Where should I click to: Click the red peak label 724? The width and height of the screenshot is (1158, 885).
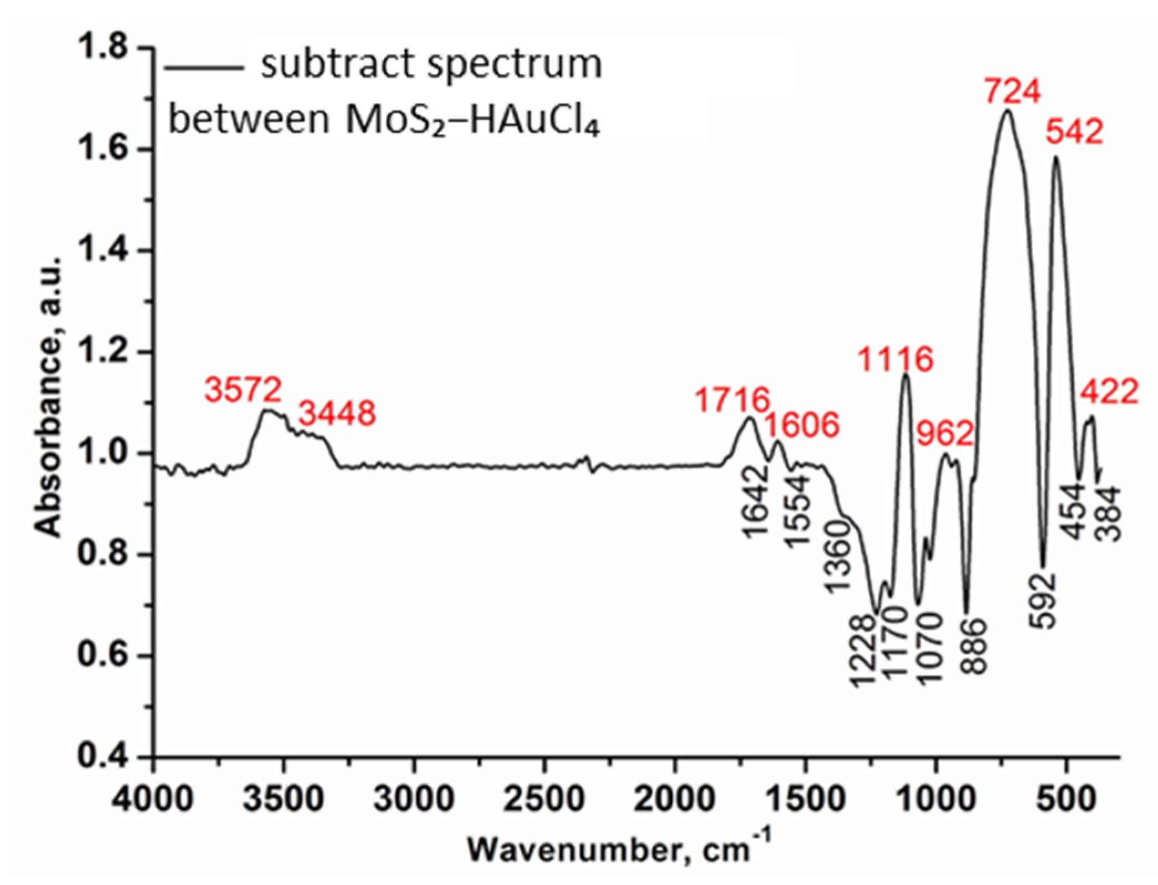point(1013,91)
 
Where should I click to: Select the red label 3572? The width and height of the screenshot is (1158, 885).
point(243,389)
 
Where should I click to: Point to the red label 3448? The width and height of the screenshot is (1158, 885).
point(337,413)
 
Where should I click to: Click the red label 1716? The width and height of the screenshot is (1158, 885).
point(733,400)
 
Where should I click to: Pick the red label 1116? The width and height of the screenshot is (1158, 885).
point(895,359)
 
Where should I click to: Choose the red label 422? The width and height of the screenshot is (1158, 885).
point(1109,392)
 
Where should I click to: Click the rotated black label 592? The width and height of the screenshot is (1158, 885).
point(1043,601)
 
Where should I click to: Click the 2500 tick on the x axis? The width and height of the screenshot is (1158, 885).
point(544,799)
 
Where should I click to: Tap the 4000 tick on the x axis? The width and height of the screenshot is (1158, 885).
point(153,799)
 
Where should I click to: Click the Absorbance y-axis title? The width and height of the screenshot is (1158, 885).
point(49,397)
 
